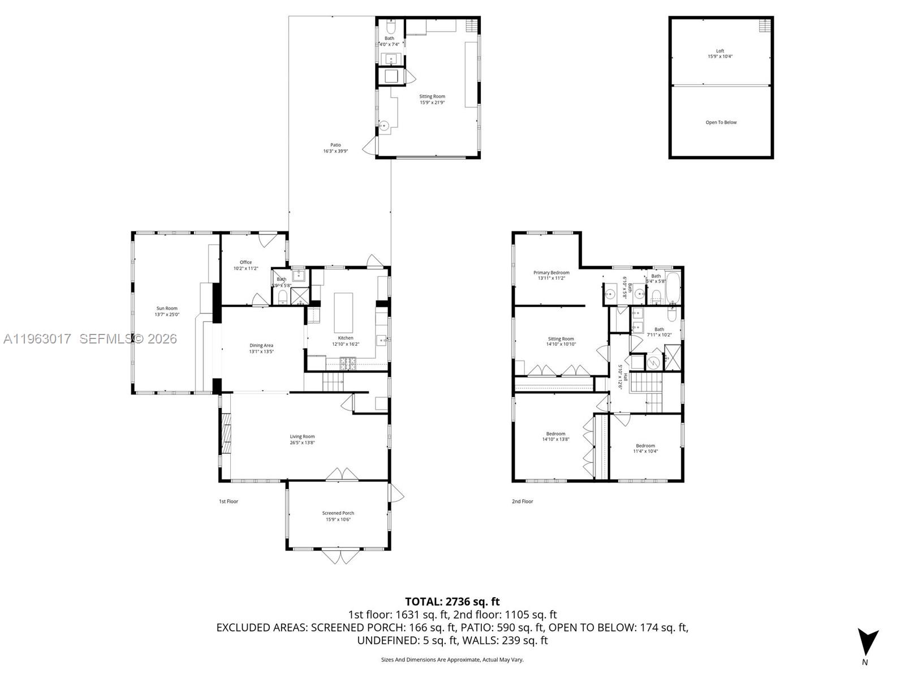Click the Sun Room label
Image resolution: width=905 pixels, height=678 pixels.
(167, 308)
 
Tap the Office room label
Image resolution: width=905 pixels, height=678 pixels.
(245, 262)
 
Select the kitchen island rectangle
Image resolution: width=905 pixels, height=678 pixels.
(343, 312)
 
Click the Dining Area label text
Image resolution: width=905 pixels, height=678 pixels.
(261, 345)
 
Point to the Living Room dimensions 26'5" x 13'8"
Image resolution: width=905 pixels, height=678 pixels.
(302, 443)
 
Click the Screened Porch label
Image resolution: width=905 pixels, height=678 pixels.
(338, 513)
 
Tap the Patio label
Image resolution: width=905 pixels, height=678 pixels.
(335, 145)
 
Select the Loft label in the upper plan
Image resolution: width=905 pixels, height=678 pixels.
(719, 51)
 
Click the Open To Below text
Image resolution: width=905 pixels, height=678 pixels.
(721, 123)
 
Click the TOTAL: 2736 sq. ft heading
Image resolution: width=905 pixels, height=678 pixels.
(452, 602)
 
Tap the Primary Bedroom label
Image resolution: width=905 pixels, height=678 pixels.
(551, 272)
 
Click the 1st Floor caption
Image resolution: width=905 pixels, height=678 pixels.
(229, 501)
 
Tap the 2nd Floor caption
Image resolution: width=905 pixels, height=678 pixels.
(522, 501)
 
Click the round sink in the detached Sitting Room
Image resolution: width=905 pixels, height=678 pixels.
(384, 126)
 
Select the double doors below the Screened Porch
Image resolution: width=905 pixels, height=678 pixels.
(341, 556)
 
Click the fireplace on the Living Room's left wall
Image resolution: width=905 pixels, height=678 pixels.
(226, 433)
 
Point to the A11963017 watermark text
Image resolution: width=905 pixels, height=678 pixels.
(37, 338)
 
